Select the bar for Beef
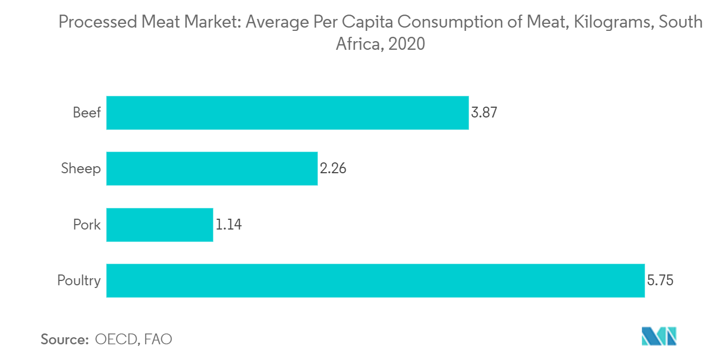click(x=287, y=113)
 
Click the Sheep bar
click(x=212, y=168)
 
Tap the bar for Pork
click(x=159, y=225)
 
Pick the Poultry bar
click(x=375, y=280)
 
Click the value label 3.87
click(x=484, y=113)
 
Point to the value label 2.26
click(x=333, y=168)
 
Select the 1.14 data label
click(x=228, y=225)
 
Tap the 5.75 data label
click(x=660, y=280)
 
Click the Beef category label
click(x=87, y=113)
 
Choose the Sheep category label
click(x=81, y=168)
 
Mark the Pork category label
click(x=87, y=225)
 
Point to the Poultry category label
click(x=79, y=280)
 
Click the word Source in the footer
click(x=64, y=339)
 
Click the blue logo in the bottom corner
click(x=659, y=336)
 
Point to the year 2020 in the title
click(x=407, y=43)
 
